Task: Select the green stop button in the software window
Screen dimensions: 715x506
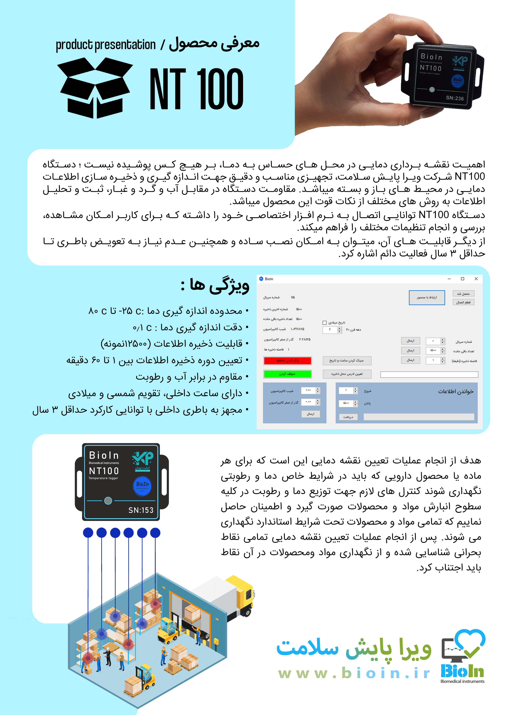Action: point(287,374)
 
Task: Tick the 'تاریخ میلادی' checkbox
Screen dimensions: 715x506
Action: point(325,323)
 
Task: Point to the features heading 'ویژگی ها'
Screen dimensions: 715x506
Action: point(215,285)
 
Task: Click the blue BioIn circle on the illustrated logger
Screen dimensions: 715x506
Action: point(142,485)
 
